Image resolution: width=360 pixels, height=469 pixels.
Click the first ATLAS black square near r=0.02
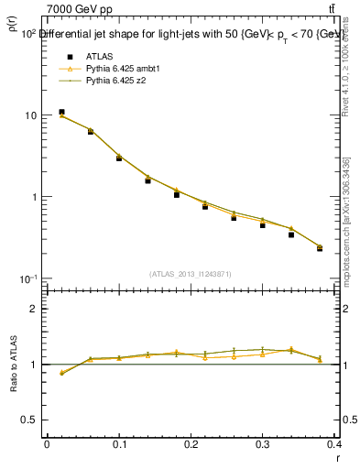coord(61,112)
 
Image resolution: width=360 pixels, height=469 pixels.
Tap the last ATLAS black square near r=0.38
coord(320,248)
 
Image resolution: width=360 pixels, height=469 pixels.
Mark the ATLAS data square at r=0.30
coord(262,224)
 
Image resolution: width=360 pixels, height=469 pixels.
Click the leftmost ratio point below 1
coord(61,373)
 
